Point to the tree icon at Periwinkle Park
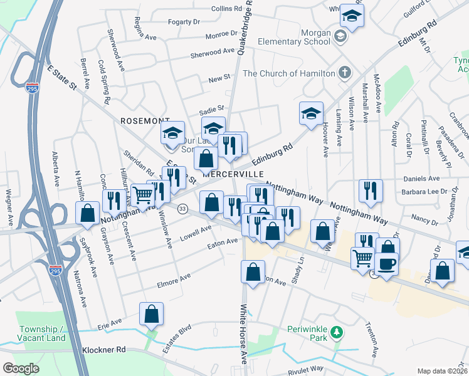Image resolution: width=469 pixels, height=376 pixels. tap(337, 332)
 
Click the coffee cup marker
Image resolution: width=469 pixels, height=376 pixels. tap(386, 263)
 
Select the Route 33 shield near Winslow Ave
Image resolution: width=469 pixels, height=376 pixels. tap(182, 209)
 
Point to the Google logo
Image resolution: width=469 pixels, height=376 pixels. tap(21, 368)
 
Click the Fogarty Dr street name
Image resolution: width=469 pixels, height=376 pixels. tap(183, 22)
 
